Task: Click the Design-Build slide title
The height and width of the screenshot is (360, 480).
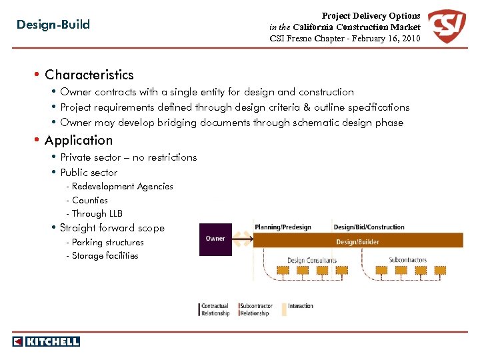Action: tap(53, 25)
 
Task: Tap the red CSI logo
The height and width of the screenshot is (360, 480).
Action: tap(447, 27)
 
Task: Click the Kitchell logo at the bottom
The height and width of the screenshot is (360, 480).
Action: tap(46, 341)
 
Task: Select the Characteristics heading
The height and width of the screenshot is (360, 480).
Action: tap(89, 75)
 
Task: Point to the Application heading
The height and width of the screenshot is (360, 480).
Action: tap(79, 140)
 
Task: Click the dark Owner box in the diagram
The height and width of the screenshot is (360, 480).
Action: tap(215, 239)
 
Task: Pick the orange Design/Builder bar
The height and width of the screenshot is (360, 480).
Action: tap(358, 241)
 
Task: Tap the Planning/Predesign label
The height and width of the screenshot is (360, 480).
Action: tap(283, 227)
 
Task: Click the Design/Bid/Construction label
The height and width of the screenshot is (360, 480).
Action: tap(369, 227)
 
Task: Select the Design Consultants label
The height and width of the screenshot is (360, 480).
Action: tap(313, 260)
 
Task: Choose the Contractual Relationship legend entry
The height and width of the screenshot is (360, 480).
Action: tap(215, 309)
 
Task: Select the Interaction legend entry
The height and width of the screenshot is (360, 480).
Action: tap(300, 306)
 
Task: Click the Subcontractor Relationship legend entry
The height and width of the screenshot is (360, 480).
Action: tap(254, 309)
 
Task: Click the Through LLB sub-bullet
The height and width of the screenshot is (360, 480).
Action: tap(97, 214)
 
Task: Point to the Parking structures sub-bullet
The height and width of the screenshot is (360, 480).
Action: tap(107, 243)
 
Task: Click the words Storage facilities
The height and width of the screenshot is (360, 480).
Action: tap(105, 256)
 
